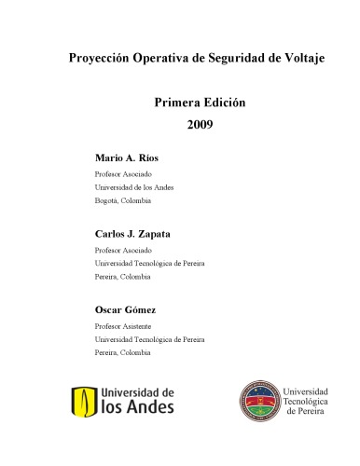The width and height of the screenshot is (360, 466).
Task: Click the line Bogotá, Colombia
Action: pyautogui.click(x=123, y=200)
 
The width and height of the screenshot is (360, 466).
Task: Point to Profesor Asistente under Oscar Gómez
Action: pyautogui.click(x=123, y=326)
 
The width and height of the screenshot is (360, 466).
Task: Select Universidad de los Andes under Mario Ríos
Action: pyautogui.click(x=134, y=187)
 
